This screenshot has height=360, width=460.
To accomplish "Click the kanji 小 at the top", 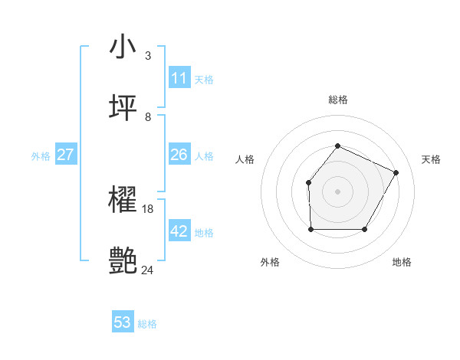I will click(123, 47).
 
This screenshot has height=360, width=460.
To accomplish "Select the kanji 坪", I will click(123, 108).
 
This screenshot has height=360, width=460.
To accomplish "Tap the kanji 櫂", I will click(123, 201).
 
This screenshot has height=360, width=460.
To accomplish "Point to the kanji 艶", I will click(123, 261).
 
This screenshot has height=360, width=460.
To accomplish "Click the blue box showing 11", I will click(179, 78).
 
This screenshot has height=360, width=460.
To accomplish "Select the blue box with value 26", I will click(179, 155).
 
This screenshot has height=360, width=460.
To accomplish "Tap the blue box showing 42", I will click(179, 231).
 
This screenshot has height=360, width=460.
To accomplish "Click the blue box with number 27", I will click(66, 155).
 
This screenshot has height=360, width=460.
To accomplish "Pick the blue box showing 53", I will click(123, 322).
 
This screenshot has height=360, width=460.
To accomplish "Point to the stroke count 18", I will click(148, 208).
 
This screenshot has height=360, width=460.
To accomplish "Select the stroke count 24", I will click(148, 270).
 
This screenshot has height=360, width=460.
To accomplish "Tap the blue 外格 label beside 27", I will click(41, 156).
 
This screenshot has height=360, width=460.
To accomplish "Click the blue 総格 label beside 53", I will click(147, 324).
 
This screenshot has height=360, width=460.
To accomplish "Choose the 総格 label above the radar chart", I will click(337, 100).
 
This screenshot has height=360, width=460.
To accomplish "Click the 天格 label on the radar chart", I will click(431, 159).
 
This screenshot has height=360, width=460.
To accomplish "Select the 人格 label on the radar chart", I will click(245, 159).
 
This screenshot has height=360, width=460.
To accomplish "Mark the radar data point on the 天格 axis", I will click(396, 172).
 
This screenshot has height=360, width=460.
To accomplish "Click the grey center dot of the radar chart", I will click(337, 191).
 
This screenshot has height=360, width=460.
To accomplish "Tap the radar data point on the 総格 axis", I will click(337, 146).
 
